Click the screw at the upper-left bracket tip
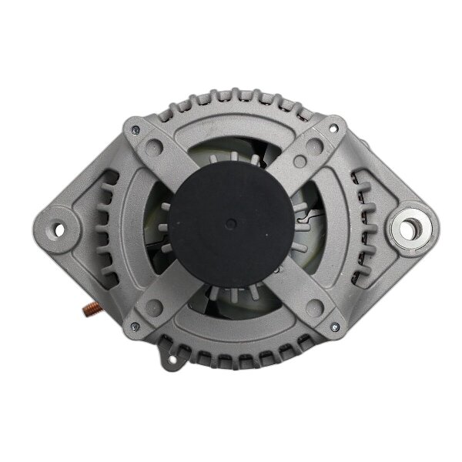[x=136, y=129]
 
